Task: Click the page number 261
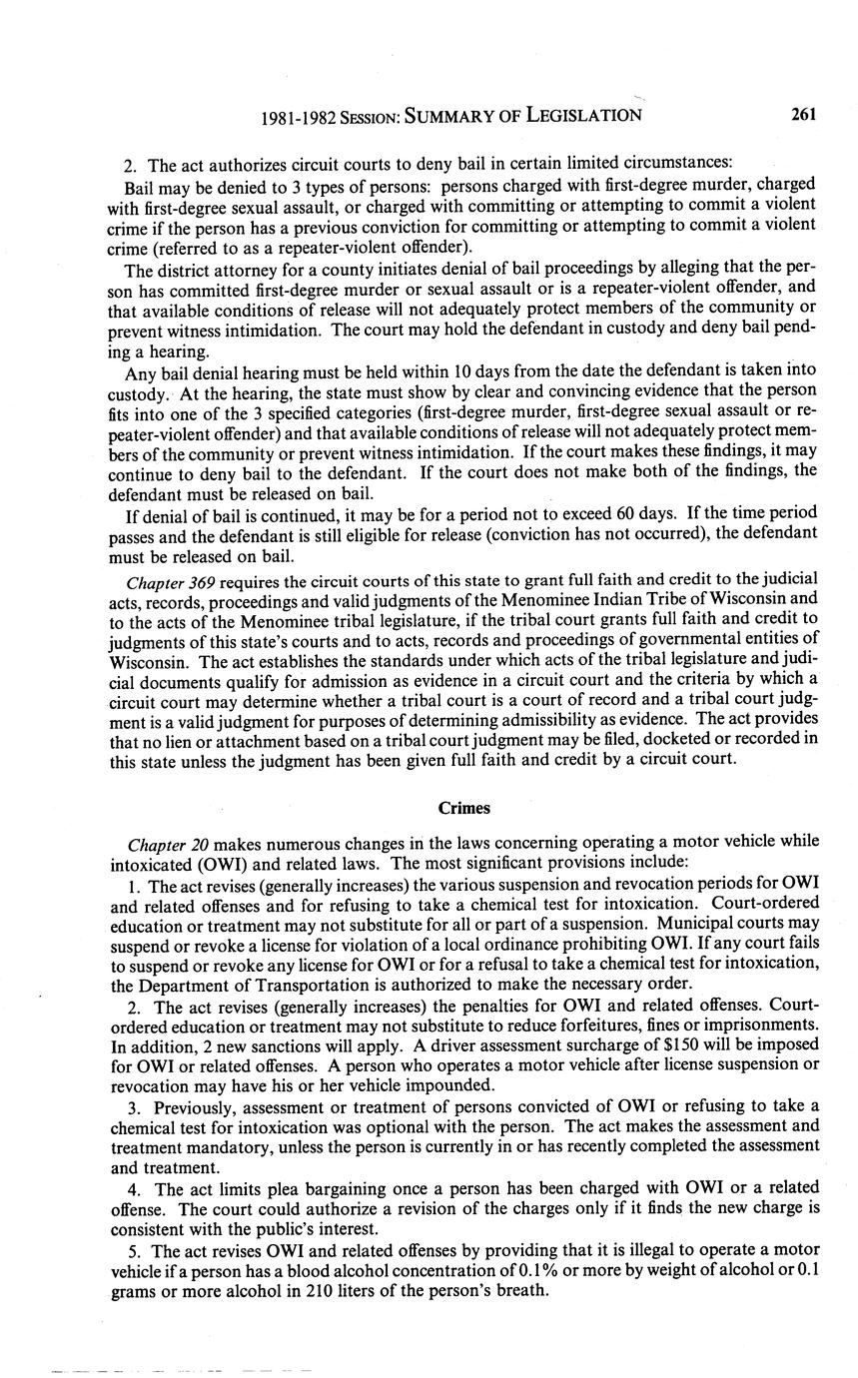click(x=804, y=114)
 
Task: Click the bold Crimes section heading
click(x=461, y=807)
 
